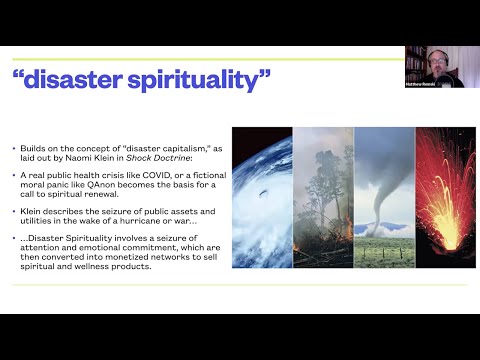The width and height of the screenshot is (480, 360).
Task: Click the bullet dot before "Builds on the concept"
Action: click(14, 148)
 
